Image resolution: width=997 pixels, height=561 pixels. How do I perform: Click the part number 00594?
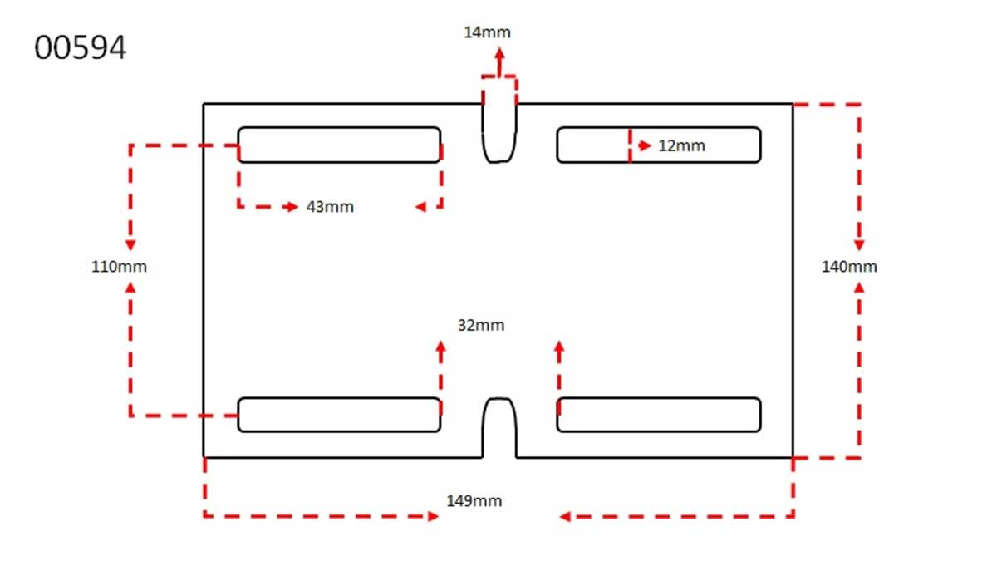(80, 47)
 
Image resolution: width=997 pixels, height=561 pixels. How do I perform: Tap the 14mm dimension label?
(487, 32)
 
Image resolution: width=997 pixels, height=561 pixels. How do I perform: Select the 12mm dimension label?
(681, 146)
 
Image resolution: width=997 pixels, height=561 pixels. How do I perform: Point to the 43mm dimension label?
(330, 207)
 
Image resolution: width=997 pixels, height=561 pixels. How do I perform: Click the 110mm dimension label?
(119, 267)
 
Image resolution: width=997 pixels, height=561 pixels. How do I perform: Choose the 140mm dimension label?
(849, 267)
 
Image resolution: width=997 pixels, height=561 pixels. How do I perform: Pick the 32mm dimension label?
(481, 326)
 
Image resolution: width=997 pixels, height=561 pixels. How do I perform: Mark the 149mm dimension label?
(474, 501)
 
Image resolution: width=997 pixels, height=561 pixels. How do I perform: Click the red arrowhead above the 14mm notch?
(499, 54)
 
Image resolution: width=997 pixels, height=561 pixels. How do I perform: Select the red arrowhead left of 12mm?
(645, 145)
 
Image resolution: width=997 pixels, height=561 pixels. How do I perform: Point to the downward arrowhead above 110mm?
(130, 245)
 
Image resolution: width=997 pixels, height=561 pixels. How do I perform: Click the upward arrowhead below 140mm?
(859, 288)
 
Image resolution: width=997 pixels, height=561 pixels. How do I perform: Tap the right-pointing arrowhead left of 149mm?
(433, 516)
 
